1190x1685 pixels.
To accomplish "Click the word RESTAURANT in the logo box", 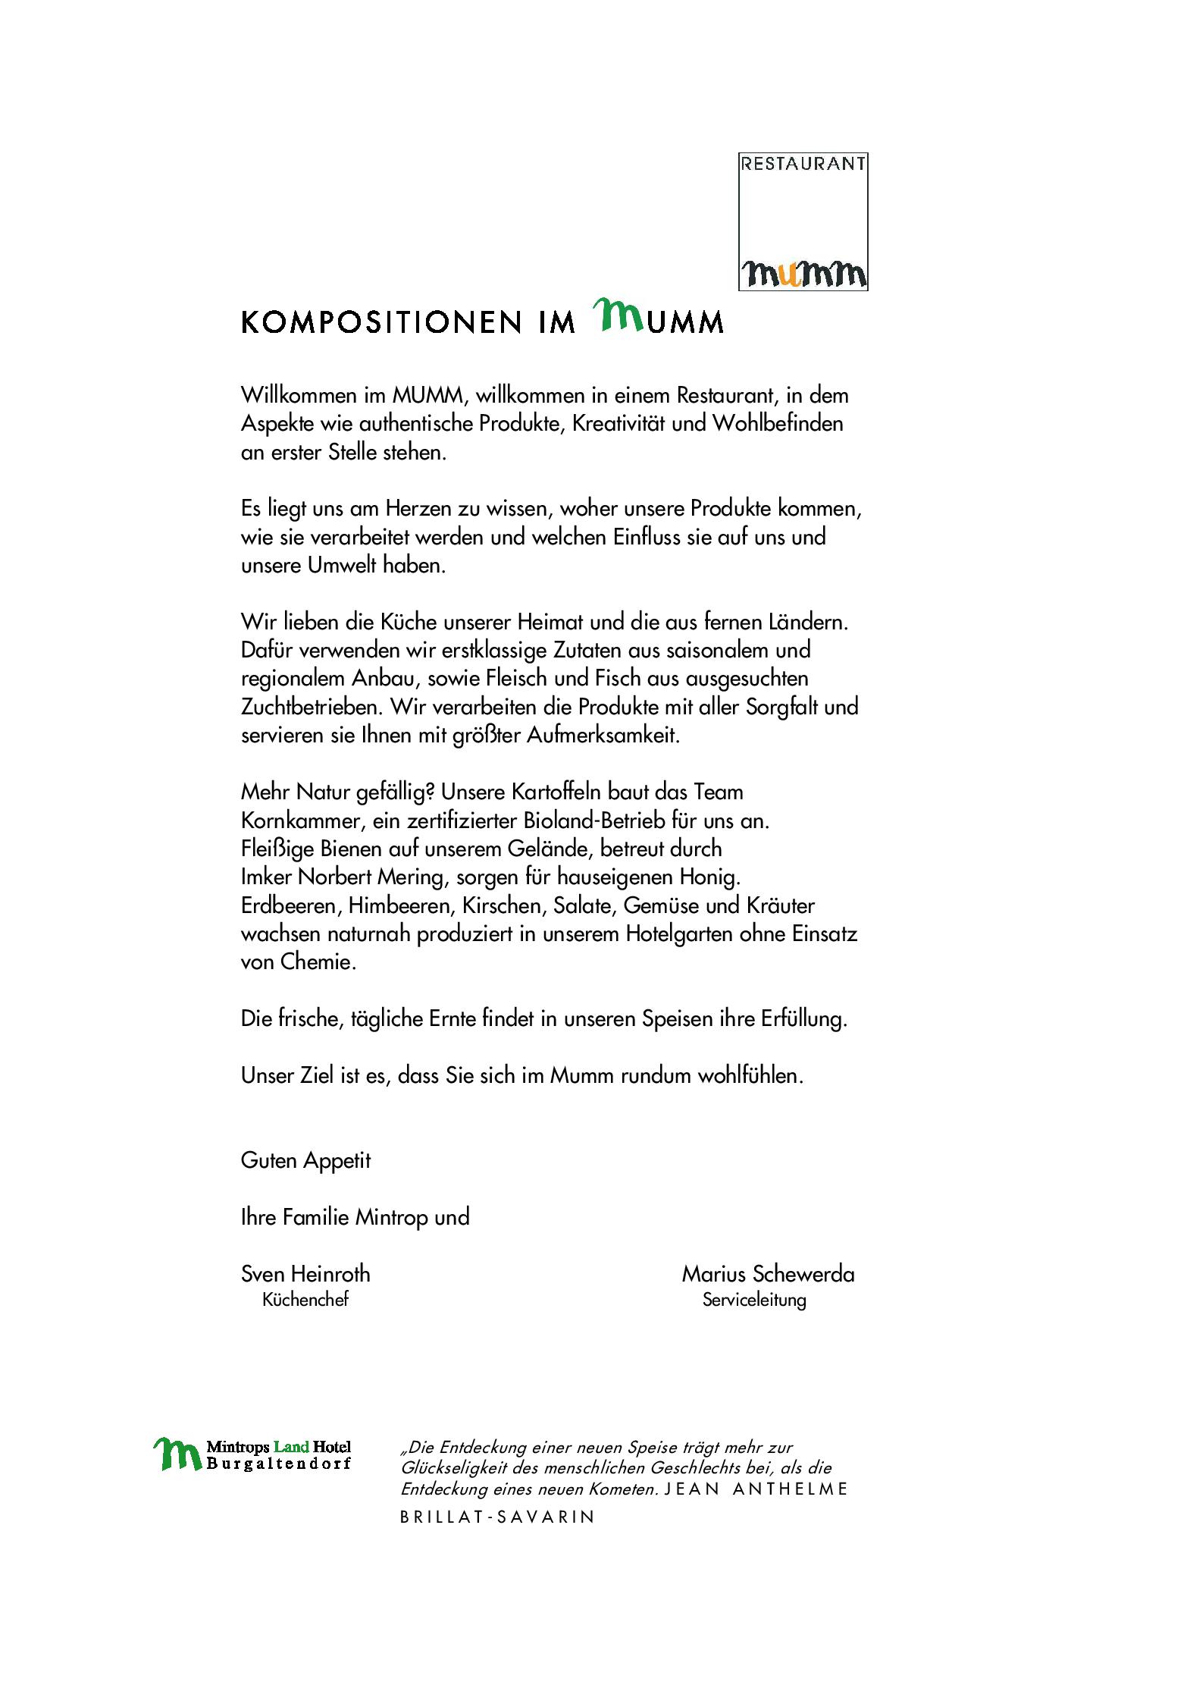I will (803, 165).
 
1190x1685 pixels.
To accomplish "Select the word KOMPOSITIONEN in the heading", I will (381, 322).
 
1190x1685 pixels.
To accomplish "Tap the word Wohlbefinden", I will (777, 424).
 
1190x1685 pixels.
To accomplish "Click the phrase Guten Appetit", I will (305, 1161).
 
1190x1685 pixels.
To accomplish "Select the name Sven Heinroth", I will (305, 1275).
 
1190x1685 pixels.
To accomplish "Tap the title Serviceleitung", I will (753, 1301).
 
